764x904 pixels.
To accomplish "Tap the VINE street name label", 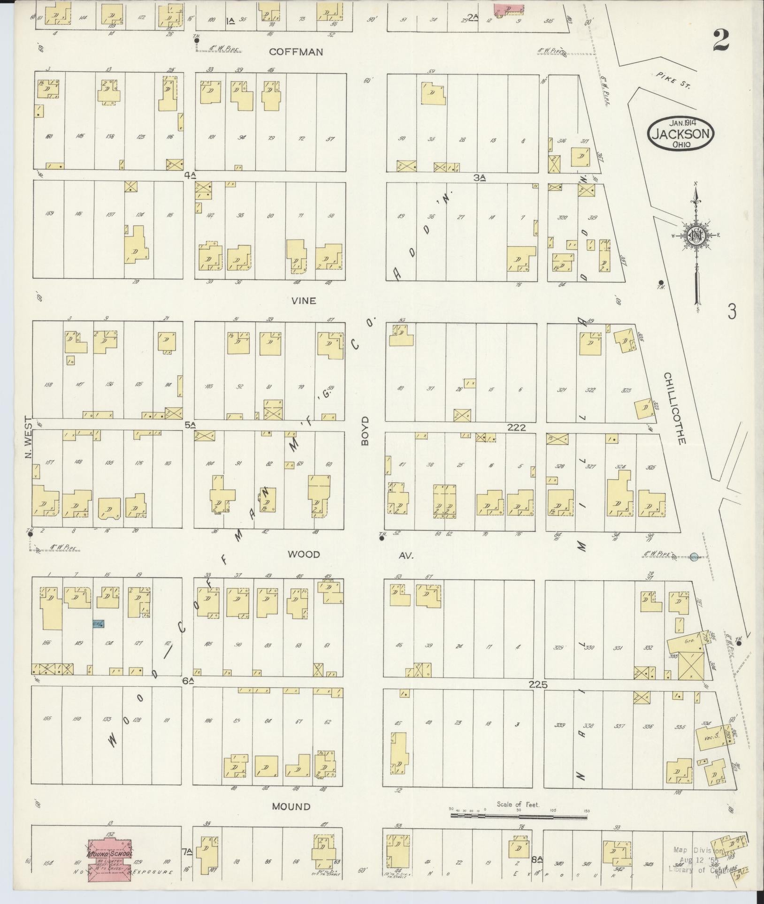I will click(303, 301).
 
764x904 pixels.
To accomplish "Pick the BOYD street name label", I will click(366, 432).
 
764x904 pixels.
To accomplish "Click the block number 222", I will click(516, 427).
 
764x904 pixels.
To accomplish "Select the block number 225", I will click(538, 684).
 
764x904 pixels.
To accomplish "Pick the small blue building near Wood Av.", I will click(98, 623).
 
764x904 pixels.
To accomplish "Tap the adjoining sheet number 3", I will click(732, 312).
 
